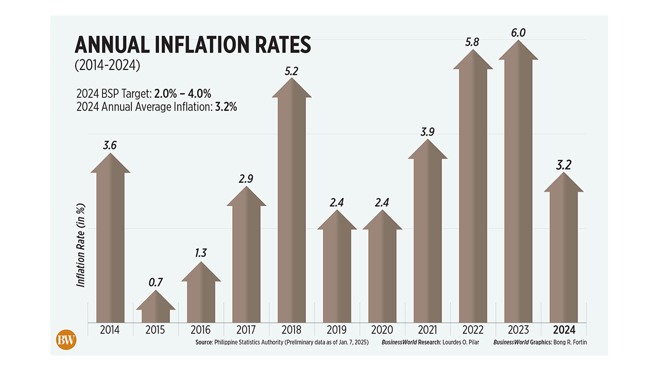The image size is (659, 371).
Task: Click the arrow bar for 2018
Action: pyautogui.click(x=291, y=206)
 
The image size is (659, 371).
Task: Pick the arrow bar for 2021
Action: pyautogui.click(x=427, y=237)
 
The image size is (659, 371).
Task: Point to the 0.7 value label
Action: pyautogui.click(x=155, y=283)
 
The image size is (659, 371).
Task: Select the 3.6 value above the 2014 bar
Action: pyautogui.click(x=110, y=145)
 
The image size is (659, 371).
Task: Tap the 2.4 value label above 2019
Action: pyautogui.click(x=337, y=203)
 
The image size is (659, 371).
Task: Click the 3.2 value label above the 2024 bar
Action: pyautogui.click(x=563, y=165)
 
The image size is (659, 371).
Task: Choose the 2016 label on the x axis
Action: pyautogui.click(x=201, y=330)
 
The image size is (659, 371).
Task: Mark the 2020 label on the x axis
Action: pyautogui.click(x=382, y=330)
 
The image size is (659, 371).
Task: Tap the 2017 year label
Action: pyautogui.click(x=246, y=330)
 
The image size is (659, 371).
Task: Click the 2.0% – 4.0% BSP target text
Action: pyautogui.click(x=183, y=93)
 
